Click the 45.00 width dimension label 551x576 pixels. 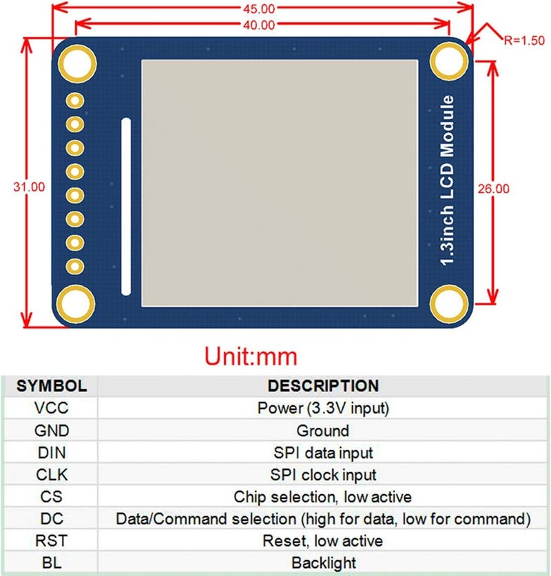point(261,8)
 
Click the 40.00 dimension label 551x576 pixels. point(261,25)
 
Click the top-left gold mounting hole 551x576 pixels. point(77,62)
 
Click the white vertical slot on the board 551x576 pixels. point(125,207)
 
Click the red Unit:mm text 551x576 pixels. point(251,356)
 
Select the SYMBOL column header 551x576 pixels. point(51,386)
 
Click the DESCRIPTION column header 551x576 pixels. point(323,386)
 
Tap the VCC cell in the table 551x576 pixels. point(51,408)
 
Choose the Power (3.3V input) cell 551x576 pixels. point(323,408)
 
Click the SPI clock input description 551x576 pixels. point(323,475)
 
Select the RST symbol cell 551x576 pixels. point(51,541)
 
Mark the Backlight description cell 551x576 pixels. point(323,563)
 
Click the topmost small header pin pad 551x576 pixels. point(75,101)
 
